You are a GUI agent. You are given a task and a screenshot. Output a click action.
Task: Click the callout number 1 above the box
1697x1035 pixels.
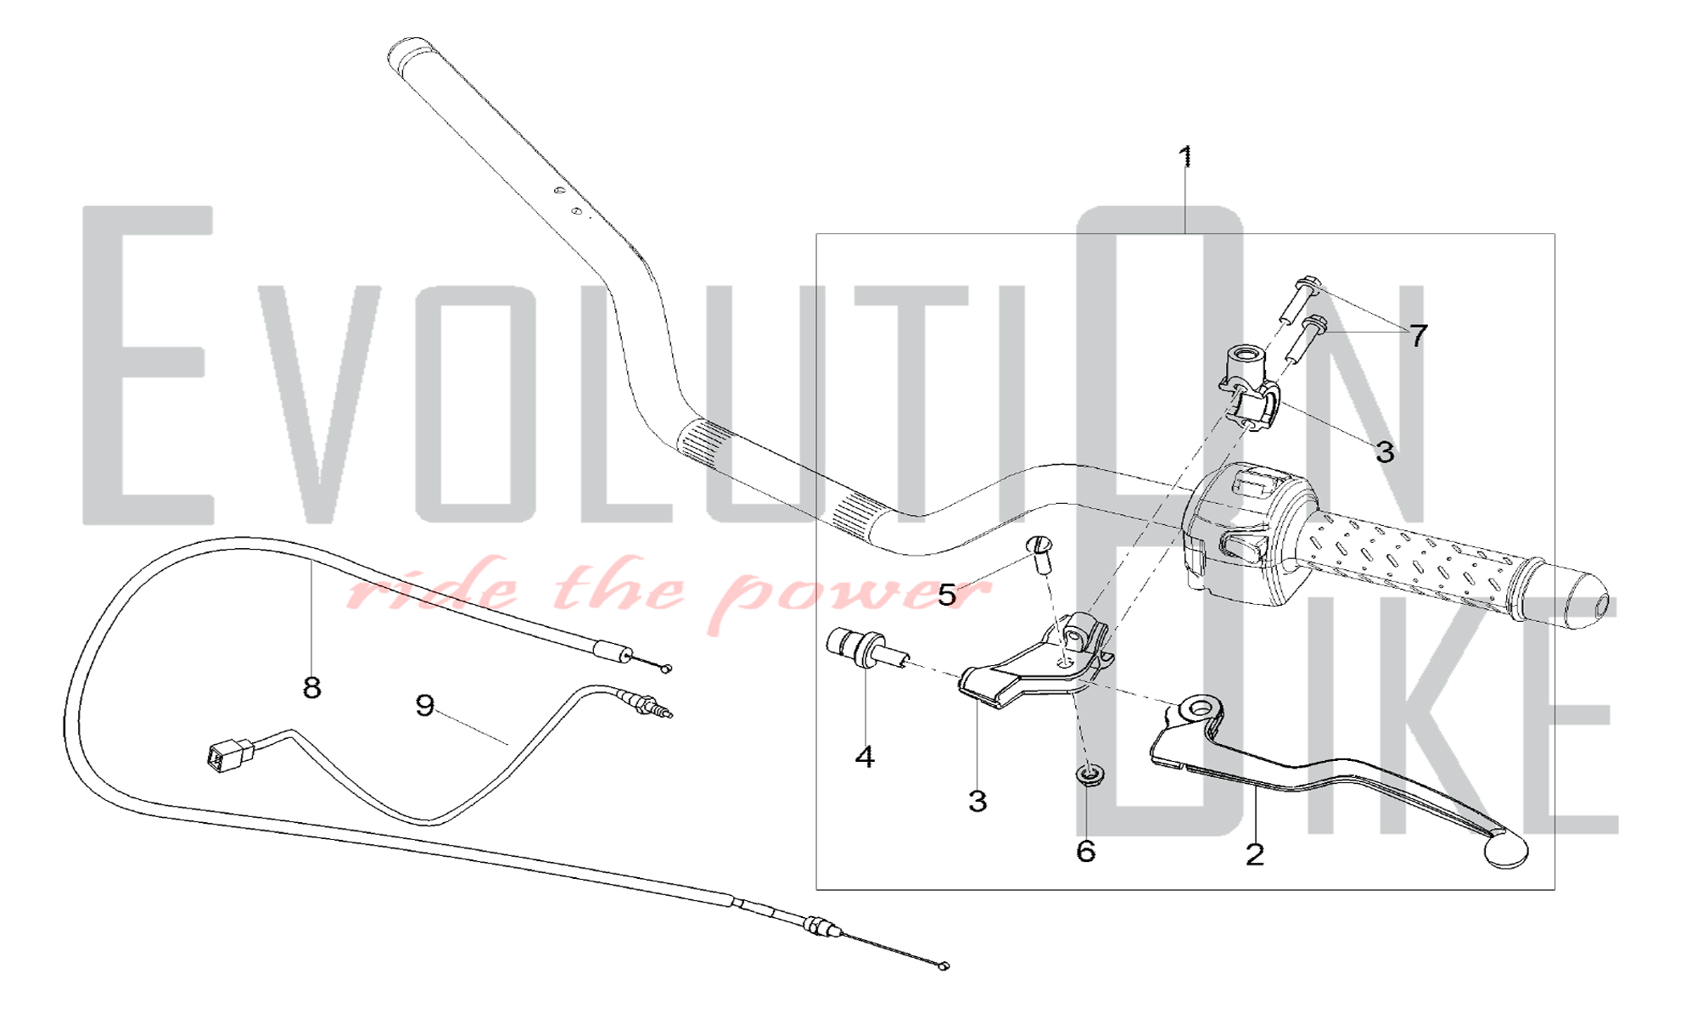[1185, 157]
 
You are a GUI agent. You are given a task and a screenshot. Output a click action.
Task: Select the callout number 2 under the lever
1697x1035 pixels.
[1255, 854]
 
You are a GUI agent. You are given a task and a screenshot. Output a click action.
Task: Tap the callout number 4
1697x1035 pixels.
[864, 757]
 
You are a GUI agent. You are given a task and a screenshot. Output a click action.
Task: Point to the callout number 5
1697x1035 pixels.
[946, 596]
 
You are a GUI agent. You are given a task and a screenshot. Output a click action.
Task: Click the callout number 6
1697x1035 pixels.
[1086, 851]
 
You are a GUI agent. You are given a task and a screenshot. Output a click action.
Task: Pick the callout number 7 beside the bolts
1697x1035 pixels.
[1419, 336]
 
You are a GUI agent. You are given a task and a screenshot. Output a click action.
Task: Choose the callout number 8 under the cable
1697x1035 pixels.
[311, 688]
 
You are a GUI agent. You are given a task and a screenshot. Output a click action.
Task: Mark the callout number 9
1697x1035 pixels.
[425, 705]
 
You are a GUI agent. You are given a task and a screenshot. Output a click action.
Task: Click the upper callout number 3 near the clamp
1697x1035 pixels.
[1385, 452]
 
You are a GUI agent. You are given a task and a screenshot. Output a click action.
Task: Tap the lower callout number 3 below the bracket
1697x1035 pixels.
[977, 801]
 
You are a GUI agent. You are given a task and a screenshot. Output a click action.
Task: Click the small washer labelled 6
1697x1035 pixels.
[1089, 775]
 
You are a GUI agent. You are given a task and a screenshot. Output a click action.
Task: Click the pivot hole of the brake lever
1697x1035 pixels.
[1199, 708]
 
